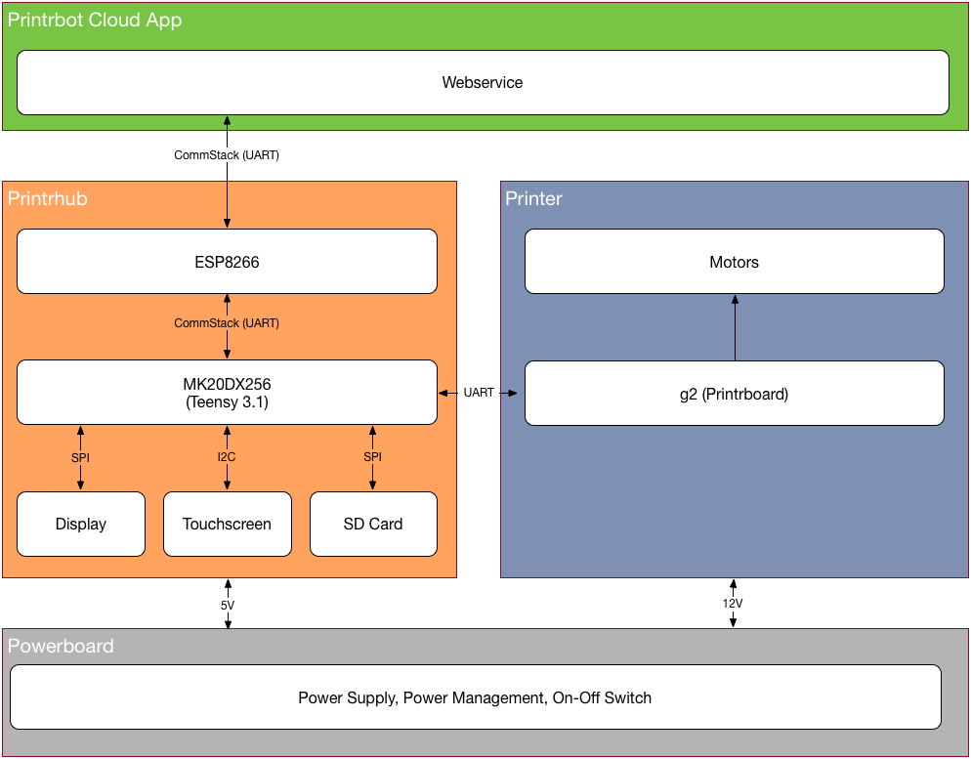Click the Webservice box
[483, 83]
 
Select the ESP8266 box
[227, 262]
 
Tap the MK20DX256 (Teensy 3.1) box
[227, 393]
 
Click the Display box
[81, 525]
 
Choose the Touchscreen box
[227, 525]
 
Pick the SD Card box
[373, 525]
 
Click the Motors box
[735, 262]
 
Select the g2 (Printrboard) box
[735, 395]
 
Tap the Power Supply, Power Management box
[475, 697]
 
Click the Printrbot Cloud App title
[95, 21]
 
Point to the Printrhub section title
[48, 199]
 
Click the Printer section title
[533, 199]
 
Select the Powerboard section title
[61, 647]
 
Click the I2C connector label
[227, 457]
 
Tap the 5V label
[227, 606]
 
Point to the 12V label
[733, 604]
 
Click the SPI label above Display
[80, 457]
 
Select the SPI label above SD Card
[373, 457]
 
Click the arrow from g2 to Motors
[735, 327]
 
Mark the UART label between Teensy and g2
[479, 393]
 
